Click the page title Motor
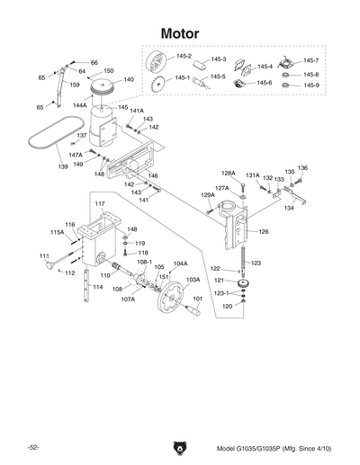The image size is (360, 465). click(x=179, y=33)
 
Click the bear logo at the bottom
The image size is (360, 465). click(x=180, y=447)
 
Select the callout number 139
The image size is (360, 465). click(x=38, y=166)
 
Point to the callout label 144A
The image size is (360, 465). click(x=80, y=105)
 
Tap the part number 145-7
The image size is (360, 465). click(x=310, y=60)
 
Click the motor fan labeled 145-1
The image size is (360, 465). click(x=159, y=85)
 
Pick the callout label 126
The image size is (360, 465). click(x=264, y=231)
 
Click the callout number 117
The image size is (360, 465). click(x=101, y=205)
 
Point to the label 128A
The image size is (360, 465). click(x=229, y=173)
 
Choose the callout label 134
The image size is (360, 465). click(x=288, y=208)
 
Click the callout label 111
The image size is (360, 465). click(x=43, y=256)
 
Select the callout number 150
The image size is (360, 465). click(x=109, y=70)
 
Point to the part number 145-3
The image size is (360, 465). click(x=218, y=60)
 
